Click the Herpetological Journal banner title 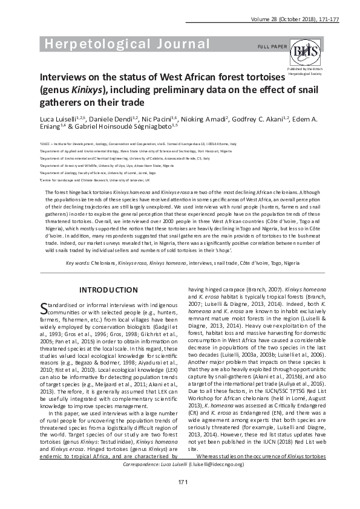point(124,44)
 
